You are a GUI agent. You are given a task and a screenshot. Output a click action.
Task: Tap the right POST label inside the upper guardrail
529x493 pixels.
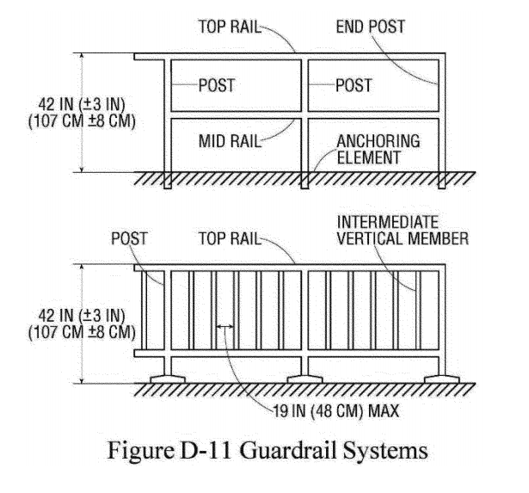click(x=354, y=86)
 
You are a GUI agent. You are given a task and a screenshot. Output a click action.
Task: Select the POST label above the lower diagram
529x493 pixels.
click(x=127, y=238)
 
